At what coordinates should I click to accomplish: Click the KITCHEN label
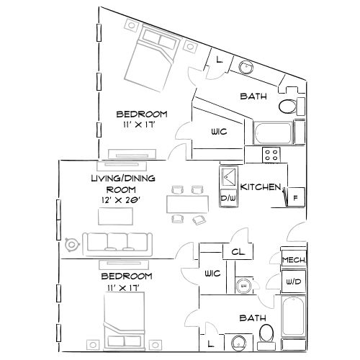pos(260,186)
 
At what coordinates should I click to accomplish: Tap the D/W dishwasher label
pos(228,198)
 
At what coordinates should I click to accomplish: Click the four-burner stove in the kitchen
pos(271,154)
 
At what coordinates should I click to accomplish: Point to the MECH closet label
pos(292,260)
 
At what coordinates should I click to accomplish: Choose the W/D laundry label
pos(292,282)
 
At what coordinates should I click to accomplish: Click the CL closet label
pos(236,252)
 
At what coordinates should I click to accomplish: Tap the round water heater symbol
pos(243,285)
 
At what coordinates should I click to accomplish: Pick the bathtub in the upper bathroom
pos(273,133)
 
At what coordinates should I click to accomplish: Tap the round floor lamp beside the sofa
pos(71,244)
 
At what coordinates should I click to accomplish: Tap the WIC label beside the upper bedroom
pos(220,132)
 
